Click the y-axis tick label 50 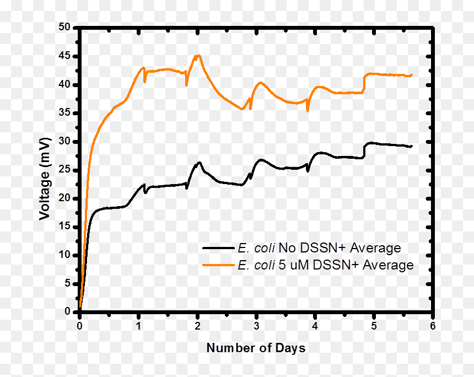coord(64,27)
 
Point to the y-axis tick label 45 coord(64,56)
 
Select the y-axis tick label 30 coord(64,141)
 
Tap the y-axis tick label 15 coord(64,226)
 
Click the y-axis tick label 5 coord(67,283)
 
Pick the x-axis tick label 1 coord(138,326)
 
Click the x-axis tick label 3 coord(256,326)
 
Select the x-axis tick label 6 coord(433,326)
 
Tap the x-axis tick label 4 coord(315,326)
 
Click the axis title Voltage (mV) coord(45,179)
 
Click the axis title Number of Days coord(256,348)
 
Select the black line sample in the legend coord(218,248)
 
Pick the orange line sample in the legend coord(218,265)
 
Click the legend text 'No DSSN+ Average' coord(340,248)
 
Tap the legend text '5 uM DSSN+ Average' coord(346,265)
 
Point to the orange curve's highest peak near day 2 coord(198,56)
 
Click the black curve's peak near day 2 coord(199,163)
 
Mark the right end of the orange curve coord(412,75)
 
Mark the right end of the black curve coord(411,146)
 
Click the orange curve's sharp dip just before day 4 coord(308,111)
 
